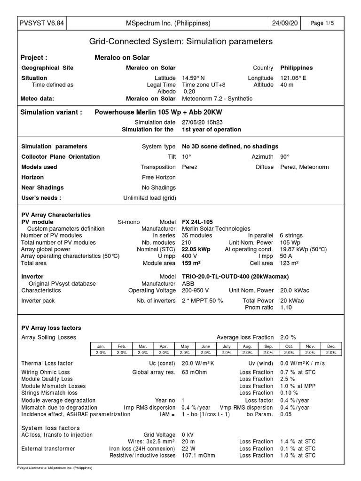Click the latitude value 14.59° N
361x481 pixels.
193,78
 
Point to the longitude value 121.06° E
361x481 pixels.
293,78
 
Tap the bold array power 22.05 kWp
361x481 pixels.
196,249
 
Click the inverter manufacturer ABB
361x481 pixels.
188,284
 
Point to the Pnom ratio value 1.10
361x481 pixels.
286,307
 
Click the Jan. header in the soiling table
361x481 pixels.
101,346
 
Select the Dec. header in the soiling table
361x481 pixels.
331,346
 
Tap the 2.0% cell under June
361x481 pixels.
205,352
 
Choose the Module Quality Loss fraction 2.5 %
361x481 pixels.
288,379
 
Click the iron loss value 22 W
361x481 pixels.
188,449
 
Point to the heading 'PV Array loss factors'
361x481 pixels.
51,328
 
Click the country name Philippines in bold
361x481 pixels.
296,68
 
